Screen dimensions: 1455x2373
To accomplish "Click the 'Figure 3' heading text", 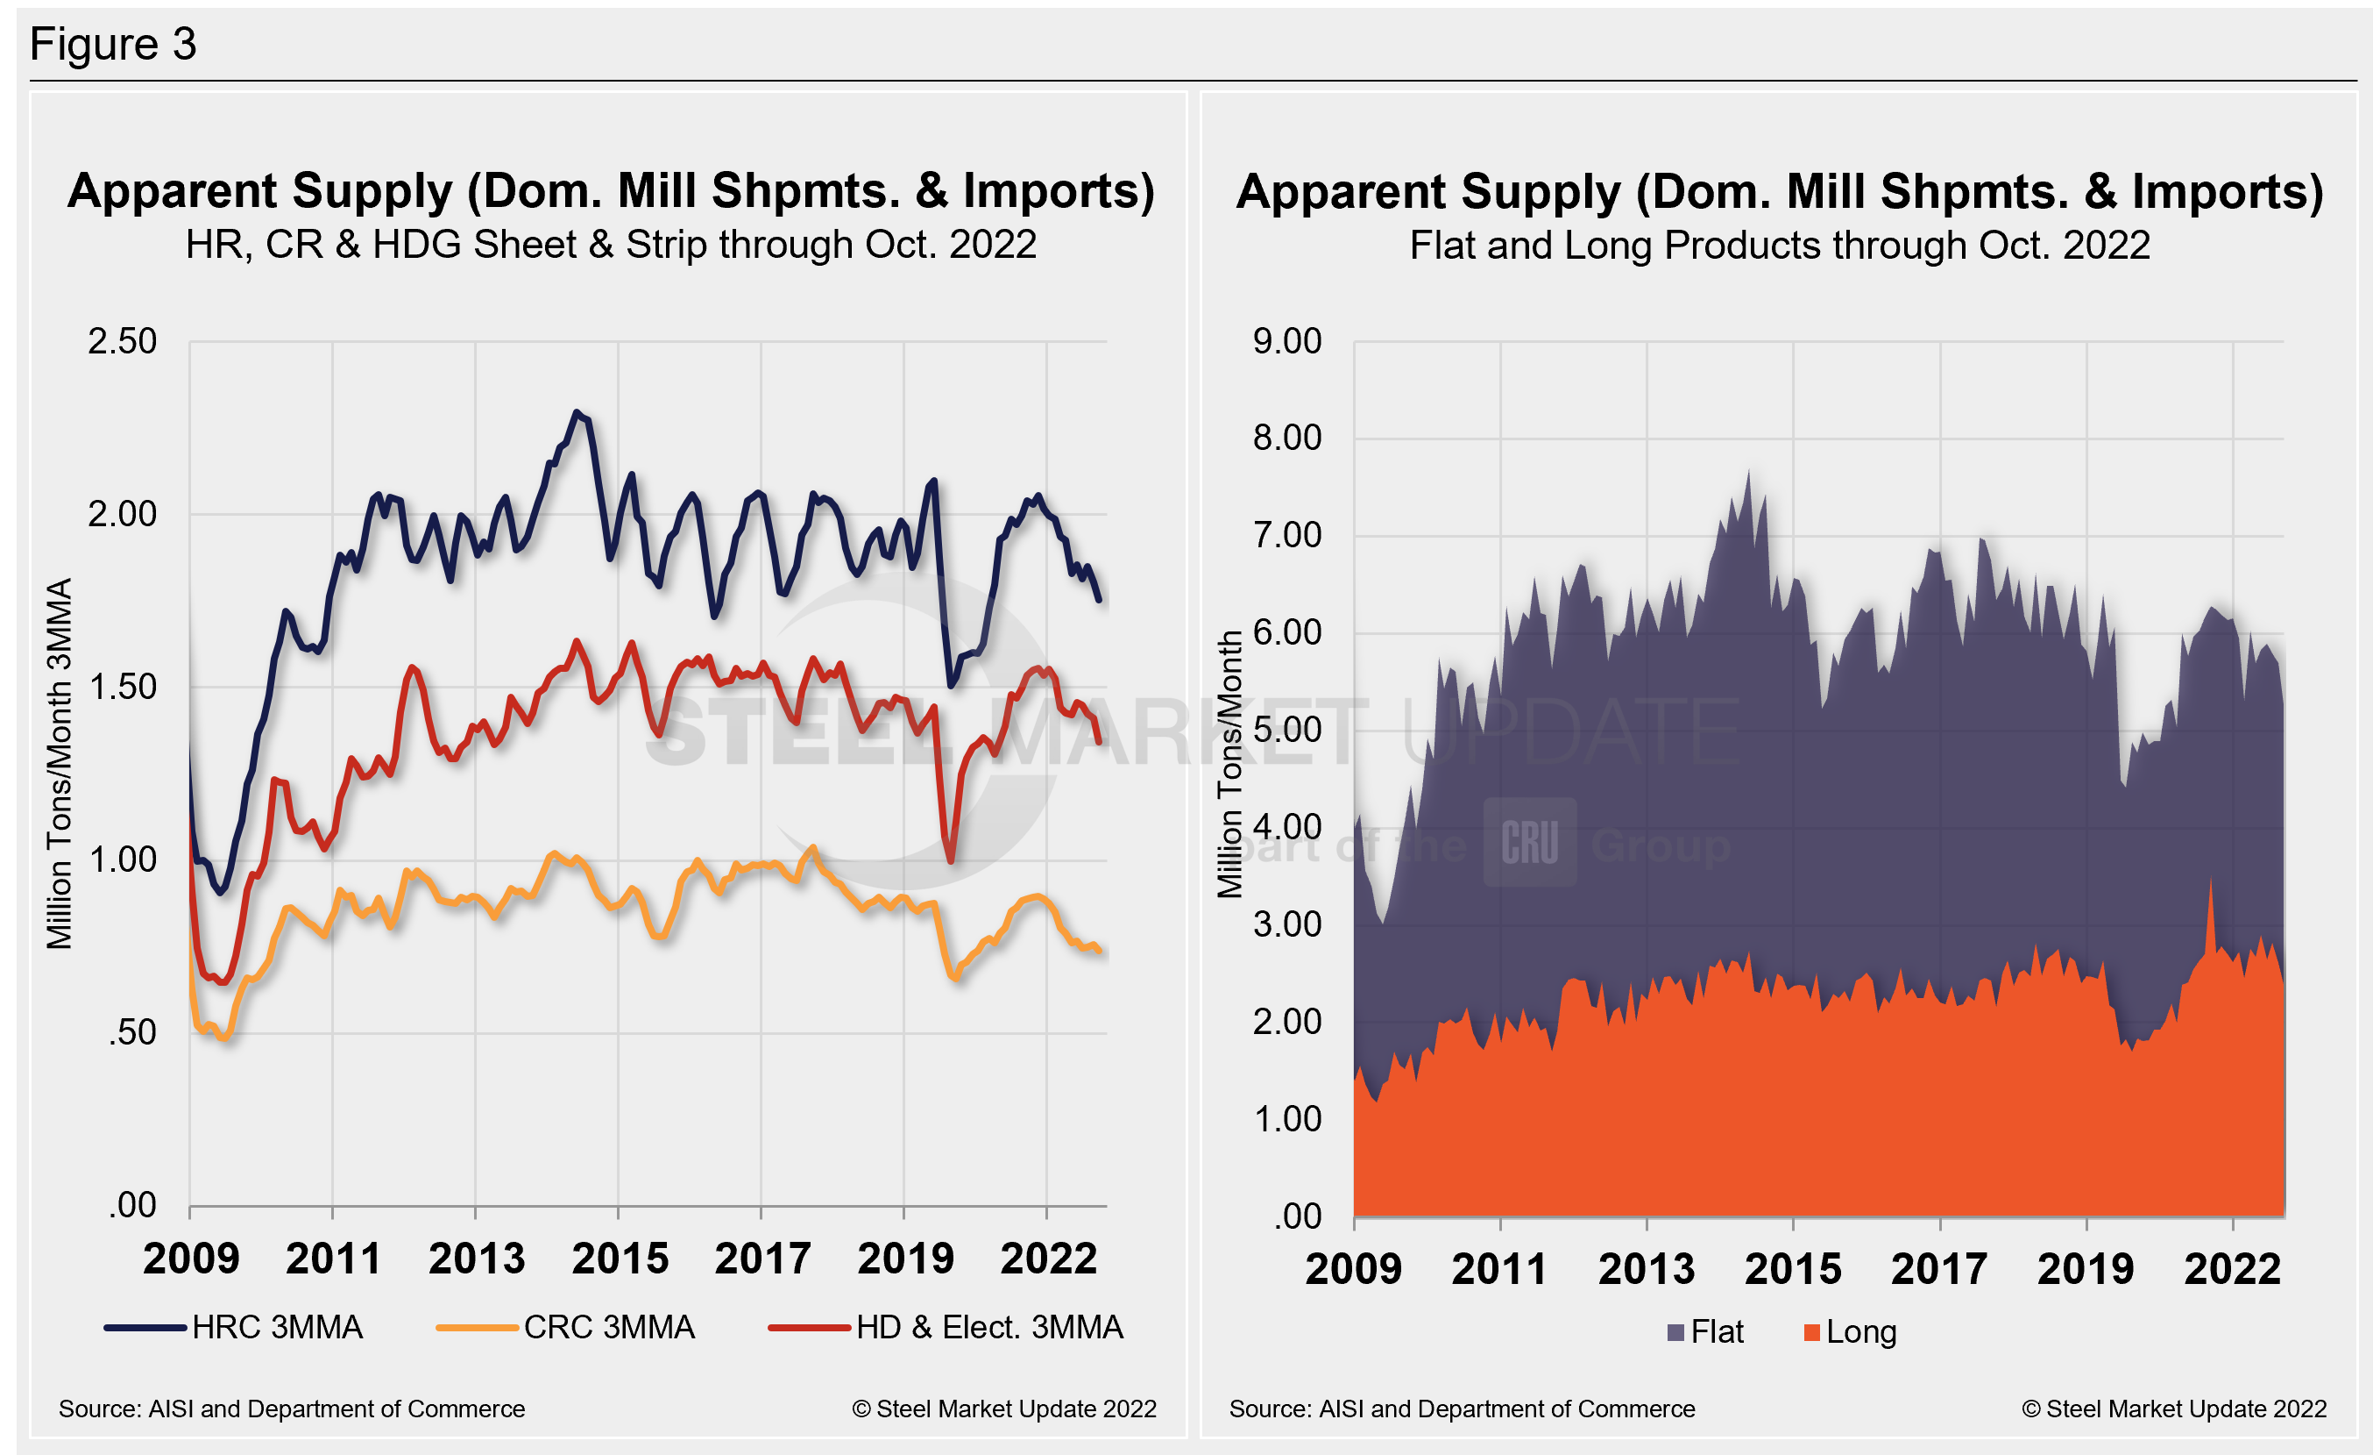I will (x=113, y=45).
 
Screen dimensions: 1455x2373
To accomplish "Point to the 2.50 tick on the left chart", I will (x=123, y=341).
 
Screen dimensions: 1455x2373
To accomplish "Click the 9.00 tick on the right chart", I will (x=1286, y=341).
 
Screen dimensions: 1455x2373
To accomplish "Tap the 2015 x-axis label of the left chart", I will (x=620, y=1259).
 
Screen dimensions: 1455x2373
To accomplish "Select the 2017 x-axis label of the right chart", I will (x=1938, y=1269).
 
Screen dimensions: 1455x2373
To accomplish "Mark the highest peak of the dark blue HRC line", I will (x=576, y=412).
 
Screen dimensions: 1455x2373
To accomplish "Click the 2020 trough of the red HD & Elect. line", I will (x=951, y=860).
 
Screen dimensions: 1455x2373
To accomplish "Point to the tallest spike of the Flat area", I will (x=1749, y=471).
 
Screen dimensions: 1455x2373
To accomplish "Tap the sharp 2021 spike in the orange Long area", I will (x=2210, y=879).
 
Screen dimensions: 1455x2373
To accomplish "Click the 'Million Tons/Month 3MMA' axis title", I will (x=60, y=763).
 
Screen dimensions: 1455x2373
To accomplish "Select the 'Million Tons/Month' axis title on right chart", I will (x=1229, y=763).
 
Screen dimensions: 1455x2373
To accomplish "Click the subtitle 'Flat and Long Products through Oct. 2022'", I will (x=1780, y=246).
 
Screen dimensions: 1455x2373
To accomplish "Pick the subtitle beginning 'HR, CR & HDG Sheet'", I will (x=611, y=245).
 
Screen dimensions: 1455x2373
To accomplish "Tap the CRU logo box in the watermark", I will (x=1529, y=842).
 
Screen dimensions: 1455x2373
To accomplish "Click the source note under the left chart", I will (x=292, y=1409).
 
